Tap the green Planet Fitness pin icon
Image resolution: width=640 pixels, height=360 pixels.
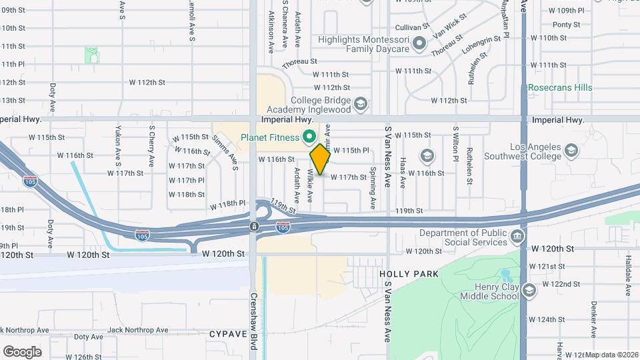point(309,138)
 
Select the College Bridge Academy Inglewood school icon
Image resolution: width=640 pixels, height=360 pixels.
point(360,103)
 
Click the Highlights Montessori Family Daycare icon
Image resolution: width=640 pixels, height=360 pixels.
point(419,44)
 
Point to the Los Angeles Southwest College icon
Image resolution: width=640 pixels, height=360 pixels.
point(571,151)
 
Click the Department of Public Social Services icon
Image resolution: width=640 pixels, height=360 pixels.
point(517,237)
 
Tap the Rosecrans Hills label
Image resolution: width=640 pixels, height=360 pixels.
point(560,87)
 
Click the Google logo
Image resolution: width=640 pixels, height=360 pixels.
point(22,351)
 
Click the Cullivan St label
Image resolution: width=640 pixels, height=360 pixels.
point(411,27)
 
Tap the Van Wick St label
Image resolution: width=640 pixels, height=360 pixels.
point(449,29)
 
